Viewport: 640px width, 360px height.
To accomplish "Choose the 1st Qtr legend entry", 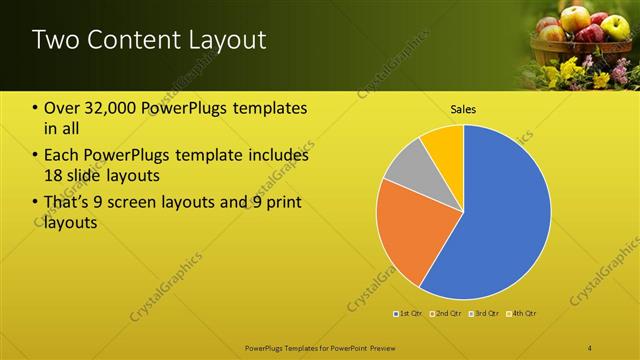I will tap(410, 313).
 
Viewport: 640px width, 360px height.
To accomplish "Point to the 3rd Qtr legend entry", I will tap(482, 313).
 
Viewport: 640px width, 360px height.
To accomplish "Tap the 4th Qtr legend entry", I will tap(519, 313).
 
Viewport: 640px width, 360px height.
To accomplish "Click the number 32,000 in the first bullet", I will tap(107, 107).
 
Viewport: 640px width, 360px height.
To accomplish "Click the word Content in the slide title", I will tap(128, 40).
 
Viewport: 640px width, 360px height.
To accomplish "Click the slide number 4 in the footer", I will tap(590, 347).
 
